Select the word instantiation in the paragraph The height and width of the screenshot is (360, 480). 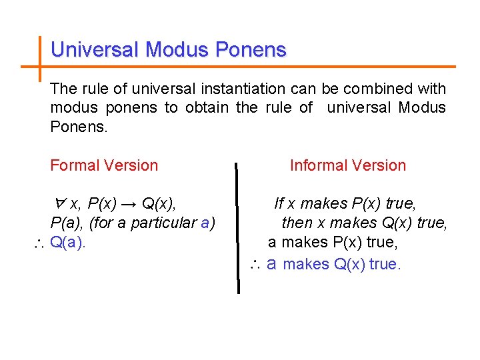click(x=247, y=89)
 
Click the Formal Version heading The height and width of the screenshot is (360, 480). click(x=104, y=165)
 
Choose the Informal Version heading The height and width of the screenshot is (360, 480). click(x=348, y=165)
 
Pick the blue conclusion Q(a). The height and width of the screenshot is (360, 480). click(x=68, y=243)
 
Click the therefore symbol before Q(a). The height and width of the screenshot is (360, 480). click(x=39, y=244)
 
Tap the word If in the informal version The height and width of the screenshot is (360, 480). click(x=279, y=203)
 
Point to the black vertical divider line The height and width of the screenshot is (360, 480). click(x=237, y=227)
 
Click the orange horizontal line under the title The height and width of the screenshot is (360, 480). click(x=267, y=67)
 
